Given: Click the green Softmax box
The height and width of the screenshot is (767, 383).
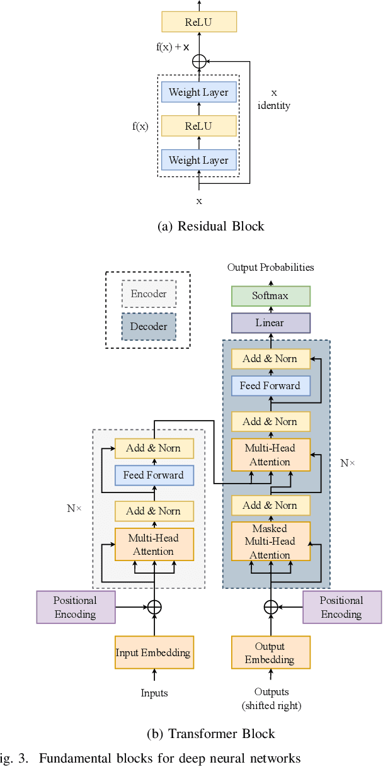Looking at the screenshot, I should [271, 295].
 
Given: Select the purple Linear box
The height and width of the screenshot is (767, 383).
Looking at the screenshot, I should [271, 323].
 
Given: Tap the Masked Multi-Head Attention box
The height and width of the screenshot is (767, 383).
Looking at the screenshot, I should [271, 542].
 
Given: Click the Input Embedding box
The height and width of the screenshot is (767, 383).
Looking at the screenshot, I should [154, 652].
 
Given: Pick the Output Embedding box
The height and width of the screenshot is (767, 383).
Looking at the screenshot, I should [271, 652].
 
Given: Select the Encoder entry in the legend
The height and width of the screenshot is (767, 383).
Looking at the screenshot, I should [149, 293].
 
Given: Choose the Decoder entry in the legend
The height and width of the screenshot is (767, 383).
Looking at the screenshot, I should [149, 326].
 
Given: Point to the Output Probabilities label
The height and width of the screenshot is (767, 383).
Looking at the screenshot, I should [271, 268].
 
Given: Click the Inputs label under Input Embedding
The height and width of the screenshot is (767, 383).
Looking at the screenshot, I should [154, 693].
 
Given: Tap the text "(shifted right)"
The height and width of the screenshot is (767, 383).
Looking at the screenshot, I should [271, 705].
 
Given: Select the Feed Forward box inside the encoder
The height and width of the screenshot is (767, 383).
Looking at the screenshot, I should [154, 475].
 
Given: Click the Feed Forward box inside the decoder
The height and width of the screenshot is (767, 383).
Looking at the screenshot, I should [271, 385].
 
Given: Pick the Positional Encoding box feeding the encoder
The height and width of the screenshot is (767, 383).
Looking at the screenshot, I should [76, 607].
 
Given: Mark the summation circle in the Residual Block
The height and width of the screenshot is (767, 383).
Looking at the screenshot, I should [199, 61].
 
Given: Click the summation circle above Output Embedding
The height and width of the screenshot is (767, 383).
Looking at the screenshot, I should [271, 606].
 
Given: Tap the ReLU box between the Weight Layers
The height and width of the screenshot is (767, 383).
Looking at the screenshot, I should [199, 126].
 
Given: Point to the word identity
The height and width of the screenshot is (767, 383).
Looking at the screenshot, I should [274, 106].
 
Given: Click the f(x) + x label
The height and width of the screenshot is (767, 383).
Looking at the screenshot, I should [173, 47].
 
